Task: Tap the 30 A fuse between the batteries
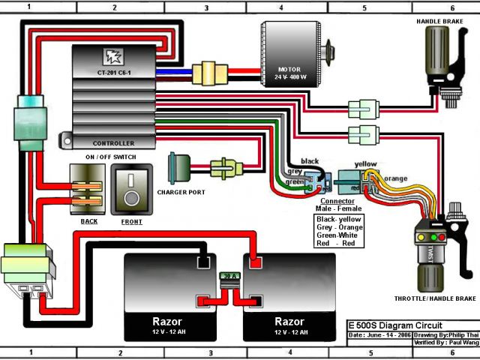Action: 230,276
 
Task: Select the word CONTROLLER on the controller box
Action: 113,143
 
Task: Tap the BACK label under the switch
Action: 88,222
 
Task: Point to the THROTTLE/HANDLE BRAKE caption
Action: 434,298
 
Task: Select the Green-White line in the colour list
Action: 338,235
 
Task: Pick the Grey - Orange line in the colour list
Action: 338,226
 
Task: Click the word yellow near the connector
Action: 367,163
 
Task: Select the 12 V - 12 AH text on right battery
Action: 290,331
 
